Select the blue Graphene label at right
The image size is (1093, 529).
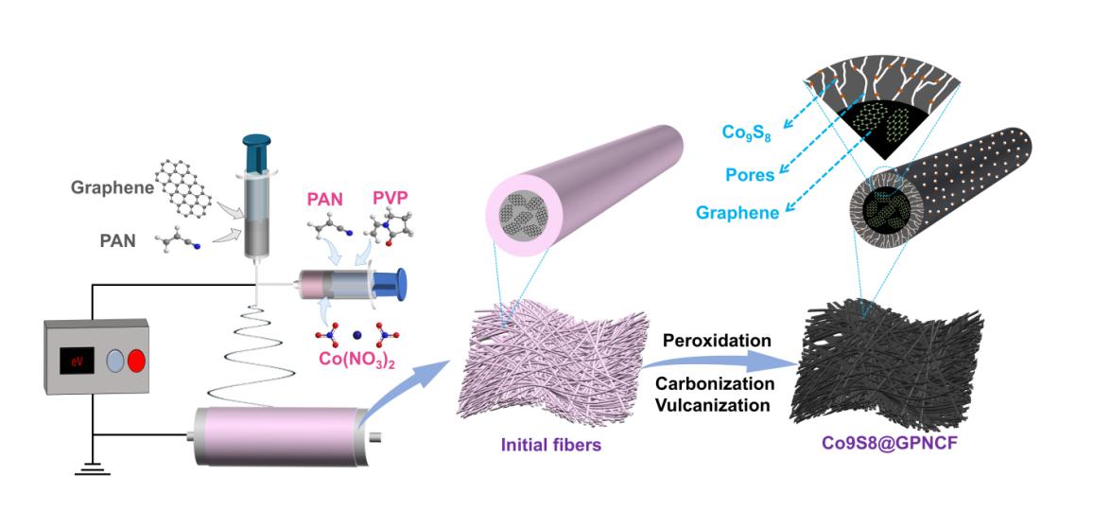click(737, 214)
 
